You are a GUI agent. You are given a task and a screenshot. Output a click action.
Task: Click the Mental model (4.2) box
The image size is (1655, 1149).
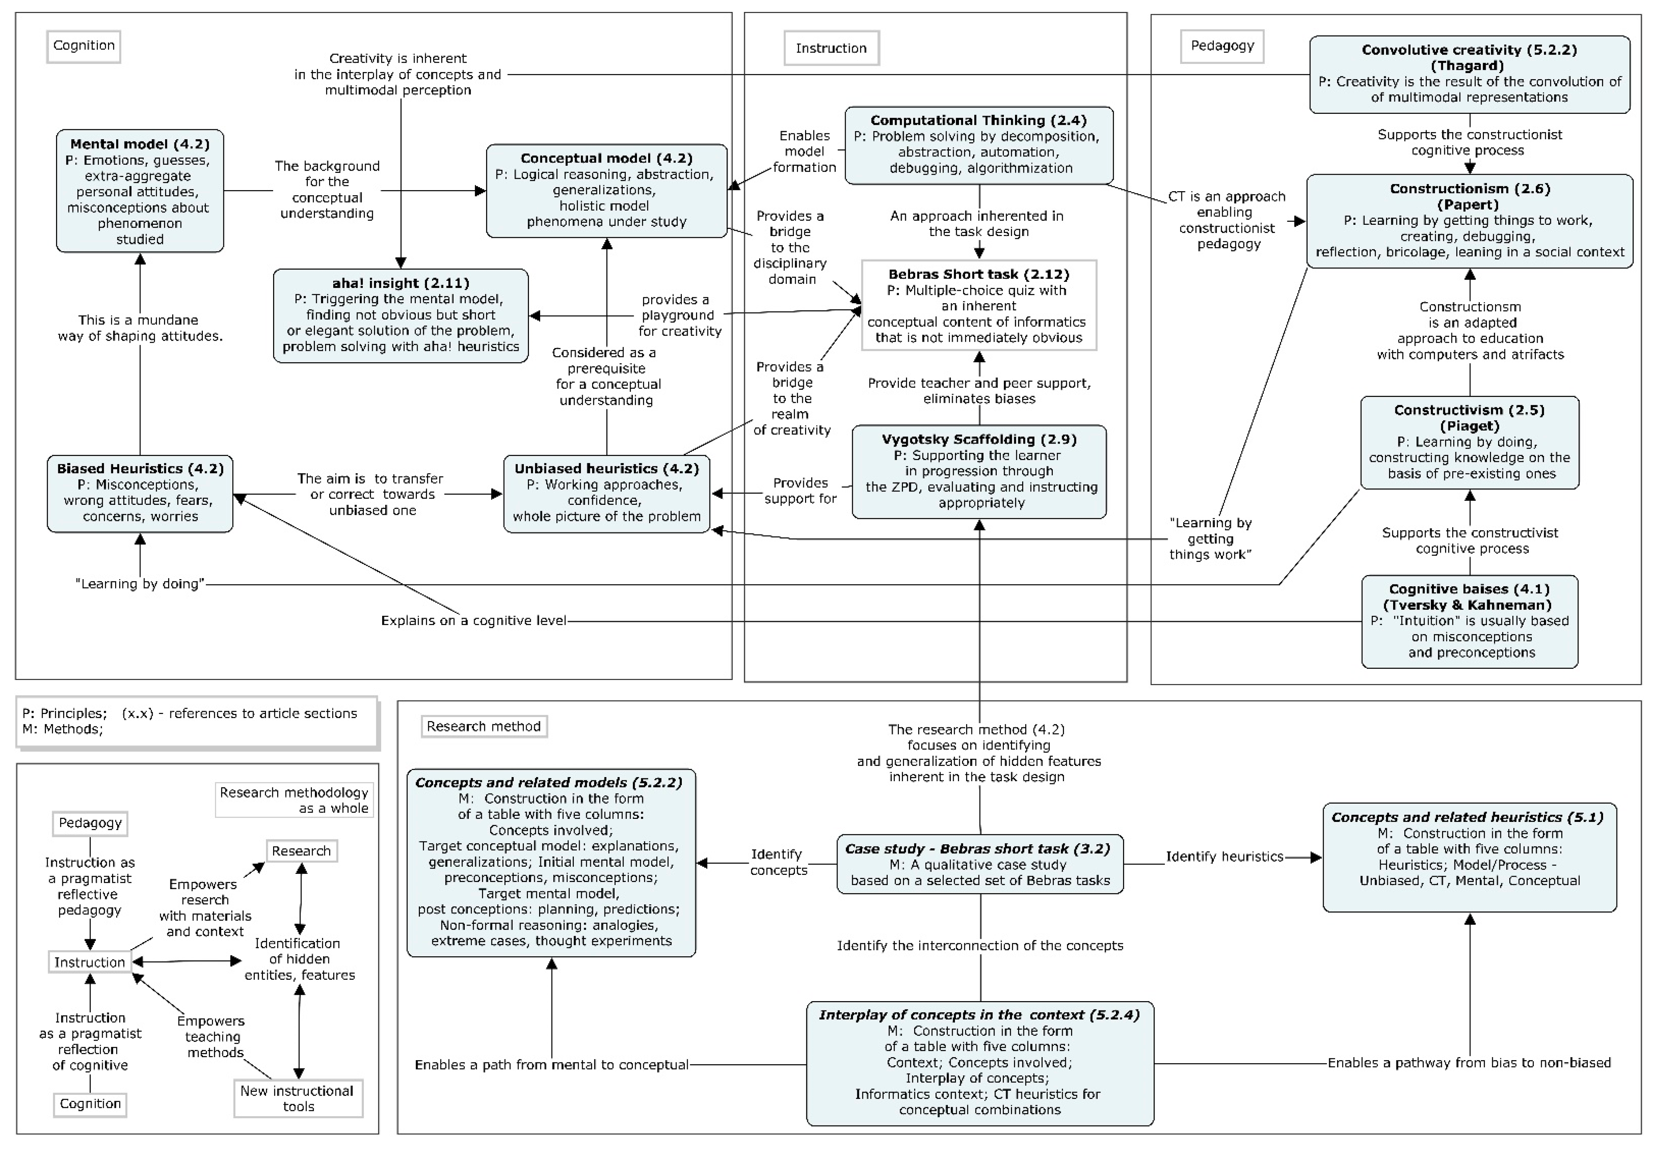[140, 191]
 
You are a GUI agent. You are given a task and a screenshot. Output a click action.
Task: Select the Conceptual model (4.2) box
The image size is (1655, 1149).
[606, 191]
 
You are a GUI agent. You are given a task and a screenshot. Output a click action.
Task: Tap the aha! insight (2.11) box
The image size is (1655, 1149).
[400, 315]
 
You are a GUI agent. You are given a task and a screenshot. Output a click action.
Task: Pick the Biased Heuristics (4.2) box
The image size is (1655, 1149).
[140, 493]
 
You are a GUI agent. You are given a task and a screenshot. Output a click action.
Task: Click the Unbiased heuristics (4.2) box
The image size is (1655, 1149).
[606, 493]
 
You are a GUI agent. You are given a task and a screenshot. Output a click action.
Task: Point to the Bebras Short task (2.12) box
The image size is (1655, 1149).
[979, 305]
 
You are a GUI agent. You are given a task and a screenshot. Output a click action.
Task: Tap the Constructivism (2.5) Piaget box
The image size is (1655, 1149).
[1469, 442]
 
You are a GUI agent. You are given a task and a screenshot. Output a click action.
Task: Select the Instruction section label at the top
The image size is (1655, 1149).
[831, 48]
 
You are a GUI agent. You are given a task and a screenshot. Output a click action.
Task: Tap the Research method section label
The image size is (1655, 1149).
[483, 726]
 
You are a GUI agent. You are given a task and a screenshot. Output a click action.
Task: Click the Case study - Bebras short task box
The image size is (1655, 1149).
[980, 864]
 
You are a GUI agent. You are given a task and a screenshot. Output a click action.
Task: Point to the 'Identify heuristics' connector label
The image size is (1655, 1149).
[1224, 857]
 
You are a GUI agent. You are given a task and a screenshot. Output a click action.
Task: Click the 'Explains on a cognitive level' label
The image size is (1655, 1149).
[473, 621]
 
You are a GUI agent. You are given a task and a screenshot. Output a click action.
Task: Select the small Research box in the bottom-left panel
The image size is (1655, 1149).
[301, 851]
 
